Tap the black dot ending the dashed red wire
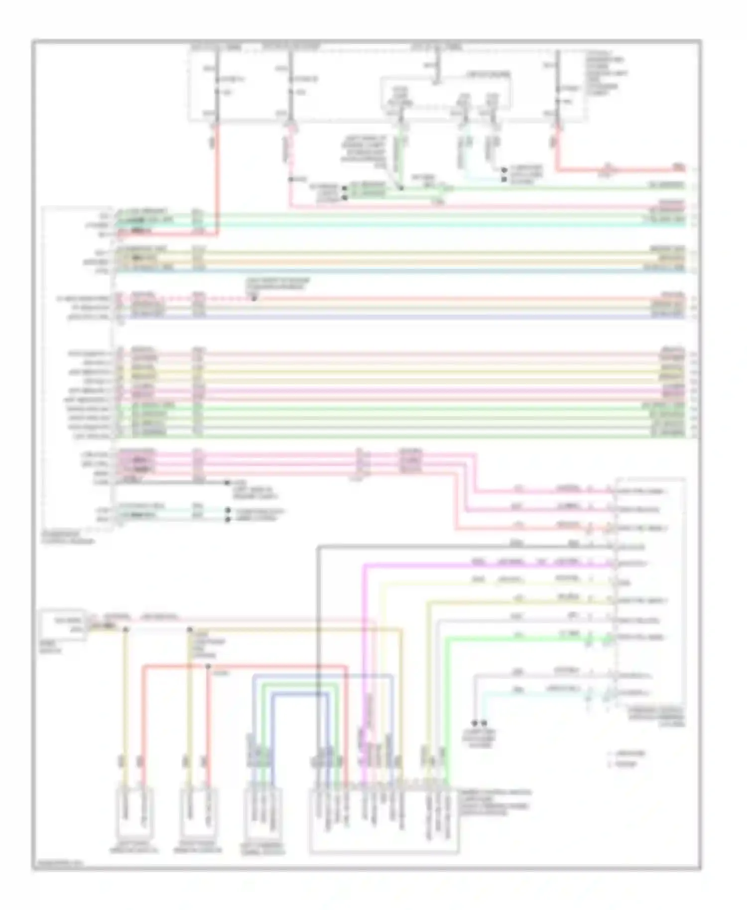(254, 299)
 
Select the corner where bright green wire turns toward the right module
(447, 638)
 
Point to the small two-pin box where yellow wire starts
(63, 624)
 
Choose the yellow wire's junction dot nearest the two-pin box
(125, 630)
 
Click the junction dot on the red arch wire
(208, 666)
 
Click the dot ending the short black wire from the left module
(227, 482)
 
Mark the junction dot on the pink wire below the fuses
(290, 179)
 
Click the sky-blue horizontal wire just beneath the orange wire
(398, 270)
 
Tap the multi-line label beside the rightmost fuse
(606, 73)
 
